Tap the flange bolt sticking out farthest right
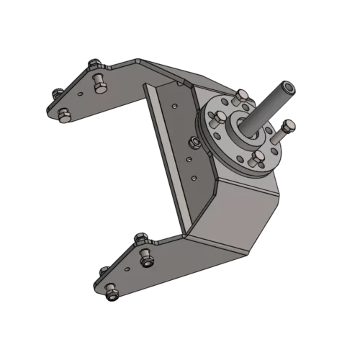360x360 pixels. click(x=287, y=128)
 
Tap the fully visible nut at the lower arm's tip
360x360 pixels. click(x=112, y=294)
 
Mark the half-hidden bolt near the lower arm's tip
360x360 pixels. click(x=103, y=270)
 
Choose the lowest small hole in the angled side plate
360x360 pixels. click(x=193, y=176)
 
